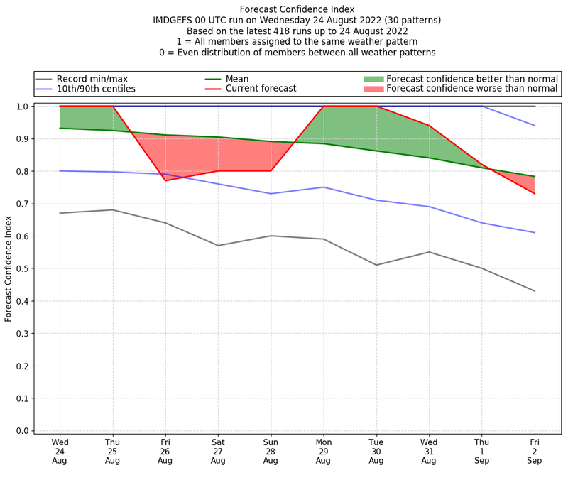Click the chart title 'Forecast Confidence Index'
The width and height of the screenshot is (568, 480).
click(x=297, y=9)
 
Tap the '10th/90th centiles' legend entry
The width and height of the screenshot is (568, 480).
click(x=96, y=89)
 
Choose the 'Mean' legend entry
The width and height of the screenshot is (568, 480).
click(x=237, y=79)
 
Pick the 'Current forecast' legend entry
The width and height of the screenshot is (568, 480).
click(x=261, y=89)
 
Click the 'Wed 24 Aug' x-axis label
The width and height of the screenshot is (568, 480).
click(x=60, y=451)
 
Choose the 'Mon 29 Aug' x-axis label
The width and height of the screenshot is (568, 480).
click(x=323, y=451)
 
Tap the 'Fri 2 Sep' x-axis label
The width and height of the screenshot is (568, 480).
click(x=534, y=451)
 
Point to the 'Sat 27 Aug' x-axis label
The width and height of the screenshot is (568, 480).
click(x=218, y=451)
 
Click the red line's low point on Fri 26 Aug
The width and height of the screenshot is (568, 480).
click(x=165, y=180)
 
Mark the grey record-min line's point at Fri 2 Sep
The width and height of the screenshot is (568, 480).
click(x=534, y=291)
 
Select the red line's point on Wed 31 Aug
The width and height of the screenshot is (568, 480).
click(x=429, y=126)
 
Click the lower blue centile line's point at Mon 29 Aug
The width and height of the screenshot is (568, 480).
click(x=323, y=187)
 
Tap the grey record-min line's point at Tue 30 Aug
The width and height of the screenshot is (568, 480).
click(x=376, y=265)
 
